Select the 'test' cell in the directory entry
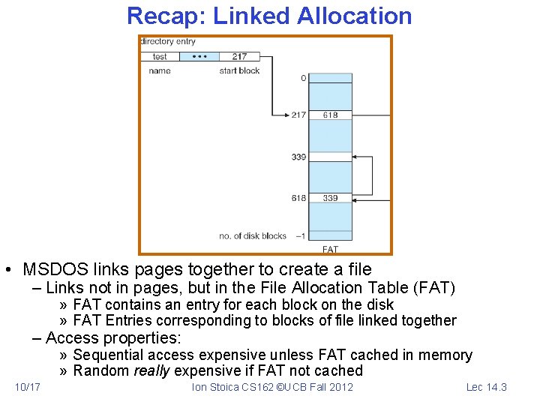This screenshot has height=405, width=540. (x=160, y=56)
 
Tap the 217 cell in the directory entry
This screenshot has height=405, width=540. (x=239, y=56)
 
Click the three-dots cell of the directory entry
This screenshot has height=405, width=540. (x=200, y=56)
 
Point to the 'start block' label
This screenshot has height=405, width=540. (x=239, y=71)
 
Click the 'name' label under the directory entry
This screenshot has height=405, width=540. (x=160, y=71)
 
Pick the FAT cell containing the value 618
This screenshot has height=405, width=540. (x=331, y=115)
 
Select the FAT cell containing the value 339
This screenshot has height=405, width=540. (x=331, y=198)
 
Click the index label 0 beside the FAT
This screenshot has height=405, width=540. (x=303, y=78)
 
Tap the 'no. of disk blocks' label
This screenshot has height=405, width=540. (x=253, y=235)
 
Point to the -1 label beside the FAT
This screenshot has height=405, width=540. (x=300, y=235)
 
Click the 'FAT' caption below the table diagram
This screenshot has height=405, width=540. (x=330, y=249)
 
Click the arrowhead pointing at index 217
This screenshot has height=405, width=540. (x=286, y=115)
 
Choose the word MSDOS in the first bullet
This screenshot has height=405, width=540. (x=50, y=269)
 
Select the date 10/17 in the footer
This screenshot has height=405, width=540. (x=28, y=387)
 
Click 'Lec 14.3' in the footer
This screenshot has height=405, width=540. (x=487, y=387)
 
